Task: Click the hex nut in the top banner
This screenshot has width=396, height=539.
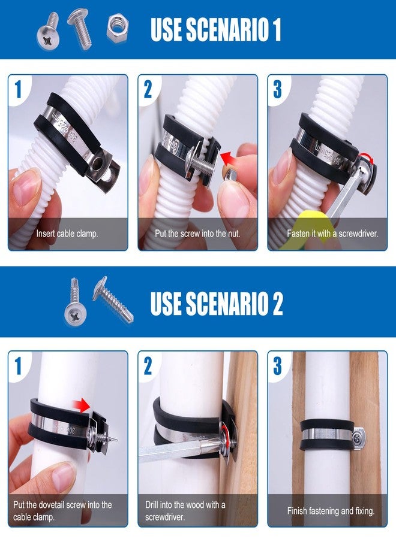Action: click(x=118, y=28)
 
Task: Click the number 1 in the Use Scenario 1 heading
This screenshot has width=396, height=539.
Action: click(x=275, y=29)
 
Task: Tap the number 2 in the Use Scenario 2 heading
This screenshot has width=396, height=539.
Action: click(x=277, y=304)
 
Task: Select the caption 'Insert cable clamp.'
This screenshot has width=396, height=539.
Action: click(x=67, y=234)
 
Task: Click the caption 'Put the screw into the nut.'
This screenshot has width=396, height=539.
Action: click(x=197, y=234)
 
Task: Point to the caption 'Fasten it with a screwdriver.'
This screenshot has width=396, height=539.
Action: click(x=328, y=234)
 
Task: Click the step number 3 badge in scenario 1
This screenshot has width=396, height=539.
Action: click(x=277, y=89)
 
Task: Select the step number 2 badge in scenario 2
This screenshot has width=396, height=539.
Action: click(x=148, y=365)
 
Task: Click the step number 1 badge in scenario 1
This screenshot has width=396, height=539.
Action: click(x=18, y=89)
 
